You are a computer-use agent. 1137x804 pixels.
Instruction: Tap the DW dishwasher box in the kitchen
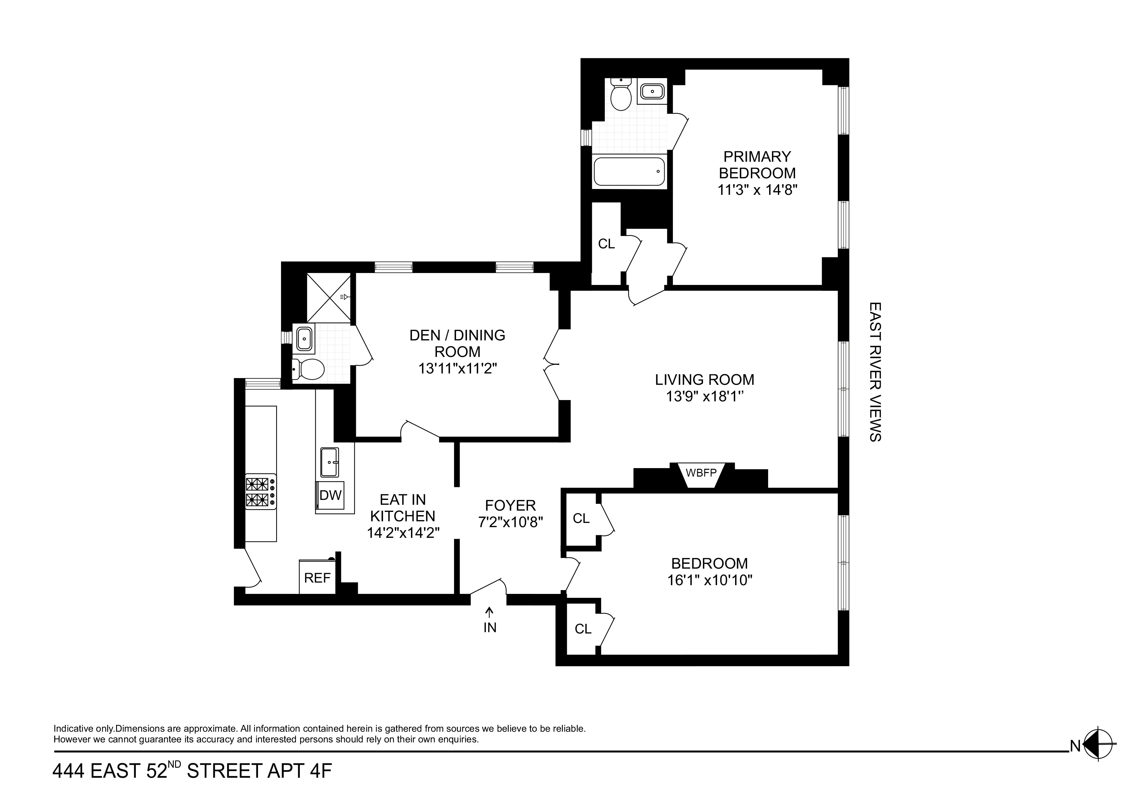(x=330, y=495)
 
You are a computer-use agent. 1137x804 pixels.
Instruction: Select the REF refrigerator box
(x=317, y=578)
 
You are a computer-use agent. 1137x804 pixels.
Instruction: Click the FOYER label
(x=510, y=505)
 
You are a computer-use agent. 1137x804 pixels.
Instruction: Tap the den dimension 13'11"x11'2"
(x=457, y=369)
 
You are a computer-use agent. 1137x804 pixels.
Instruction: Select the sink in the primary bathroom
(x=652, y=92)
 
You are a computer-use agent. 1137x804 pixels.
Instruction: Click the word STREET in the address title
(x=224, y=785)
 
